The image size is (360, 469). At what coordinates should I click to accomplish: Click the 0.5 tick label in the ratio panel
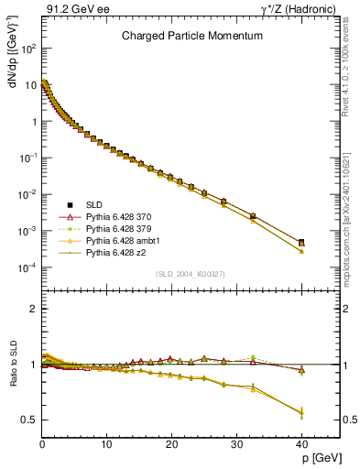27,420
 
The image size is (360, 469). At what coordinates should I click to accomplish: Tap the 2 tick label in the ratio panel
32,309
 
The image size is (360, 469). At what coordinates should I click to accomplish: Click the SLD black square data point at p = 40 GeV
300,243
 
